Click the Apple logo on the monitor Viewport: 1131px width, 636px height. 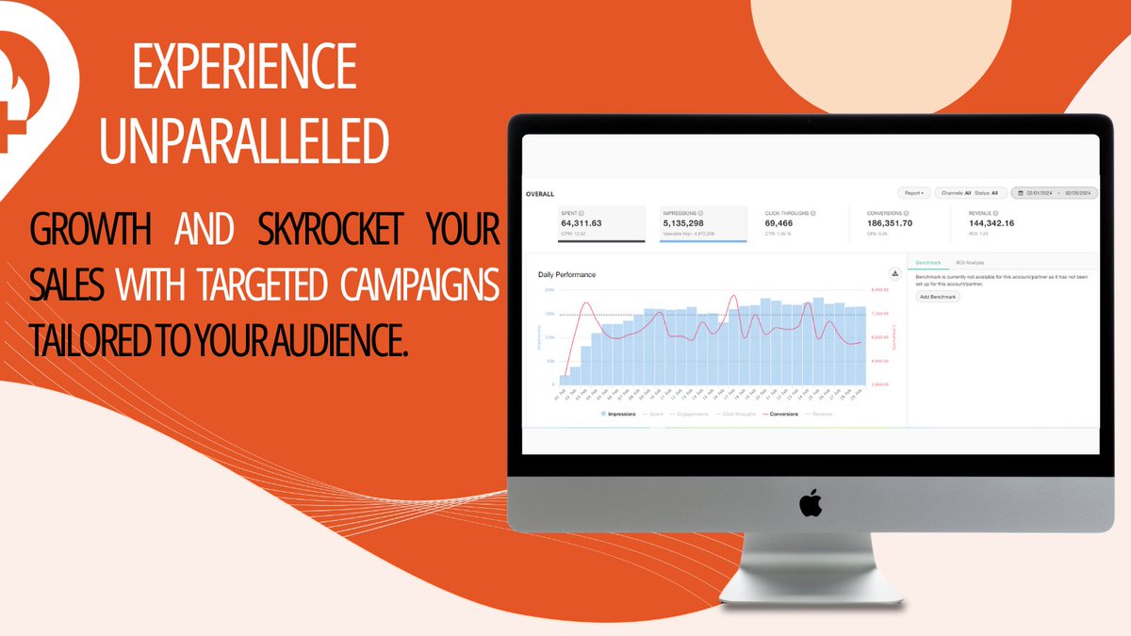coord(810,503)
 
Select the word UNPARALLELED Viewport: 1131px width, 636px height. coord(244,141)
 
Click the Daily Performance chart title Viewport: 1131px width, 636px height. coord(566,275)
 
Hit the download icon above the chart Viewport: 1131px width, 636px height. coord(894,274)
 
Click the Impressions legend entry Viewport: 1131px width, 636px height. coord(618,414)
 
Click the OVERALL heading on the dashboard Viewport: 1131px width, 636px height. coord(541,194)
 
